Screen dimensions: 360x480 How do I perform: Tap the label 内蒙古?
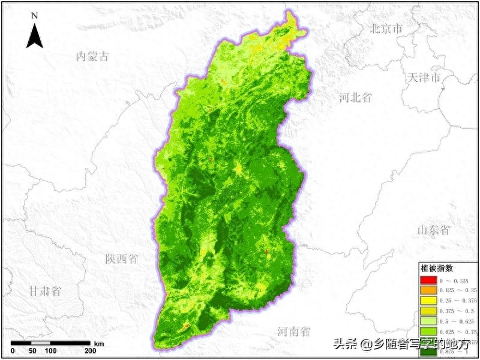coord(93,57)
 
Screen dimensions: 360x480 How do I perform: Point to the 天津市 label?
coord(424,78)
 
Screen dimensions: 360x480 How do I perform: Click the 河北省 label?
coord(355,98)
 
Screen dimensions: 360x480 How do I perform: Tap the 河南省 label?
coord(294,331)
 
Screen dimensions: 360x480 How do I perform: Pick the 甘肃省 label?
coord(45,292)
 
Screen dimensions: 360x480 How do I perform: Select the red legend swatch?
coord(428,280)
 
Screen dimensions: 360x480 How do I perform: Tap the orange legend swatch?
coord(428,290)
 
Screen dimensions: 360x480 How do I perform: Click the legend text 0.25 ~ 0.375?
coord(458,301)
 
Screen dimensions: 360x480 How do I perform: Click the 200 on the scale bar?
coord(90,350)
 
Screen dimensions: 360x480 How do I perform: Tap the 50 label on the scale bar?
coord(32,350)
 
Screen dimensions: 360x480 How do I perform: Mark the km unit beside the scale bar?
coord(99,344)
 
